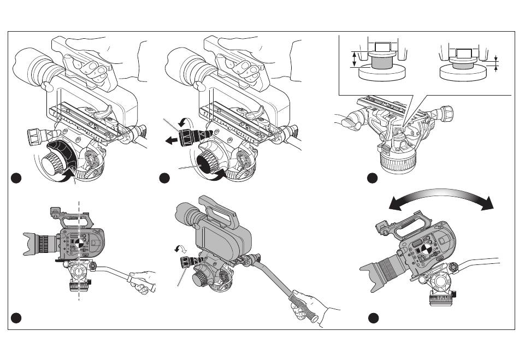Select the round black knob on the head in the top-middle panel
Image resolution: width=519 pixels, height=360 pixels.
pyautogui.click(x=208, y=162)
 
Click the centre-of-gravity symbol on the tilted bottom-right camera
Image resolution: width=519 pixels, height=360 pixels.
pyautogui.click(x=422, y=251)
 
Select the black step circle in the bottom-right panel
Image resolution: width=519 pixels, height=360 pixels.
pyautogui.click(x=373, y=317)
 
